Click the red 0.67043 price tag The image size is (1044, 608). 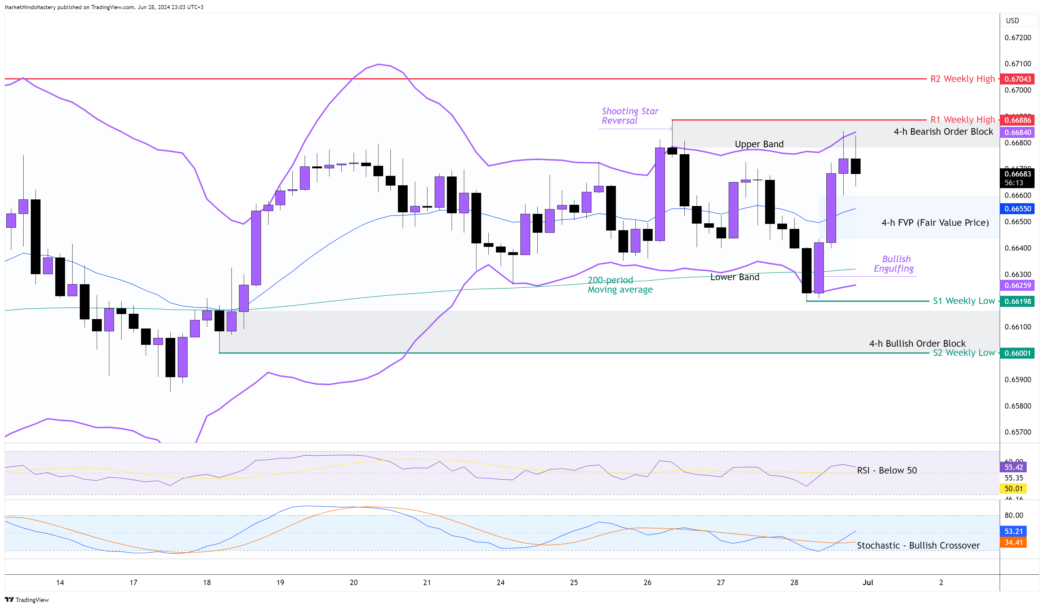coord(1017,79)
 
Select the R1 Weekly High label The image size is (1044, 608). coord(962,120)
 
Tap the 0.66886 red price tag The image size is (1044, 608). coord(1017,120)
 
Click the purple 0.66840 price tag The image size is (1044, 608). coord(1017,133)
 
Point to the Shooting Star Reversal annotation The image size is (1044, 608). coord(629,116)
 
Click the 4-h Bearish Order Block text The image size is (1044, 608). coord(943,132)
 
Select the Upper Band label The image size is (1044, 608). coord(759,144)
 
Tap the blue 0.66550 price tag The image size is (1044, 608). coord(1017,209)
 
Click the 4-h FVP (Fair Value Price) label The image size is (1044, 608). coord(935,223)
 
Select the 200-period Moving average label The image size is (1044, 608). coord(620,285)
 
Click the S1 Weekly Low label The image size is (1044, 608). coord(963,301)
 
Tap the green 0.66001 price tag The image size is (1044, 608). coord(1017,353)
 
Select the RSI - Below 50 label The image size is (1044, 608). coord(887,470)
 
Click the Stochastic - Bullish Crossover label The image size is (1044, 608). coord(918,546)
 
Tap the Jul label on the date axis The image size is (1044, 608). coord(867,583)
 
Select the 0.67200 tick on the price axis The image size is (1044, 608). coord(1018,38)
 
